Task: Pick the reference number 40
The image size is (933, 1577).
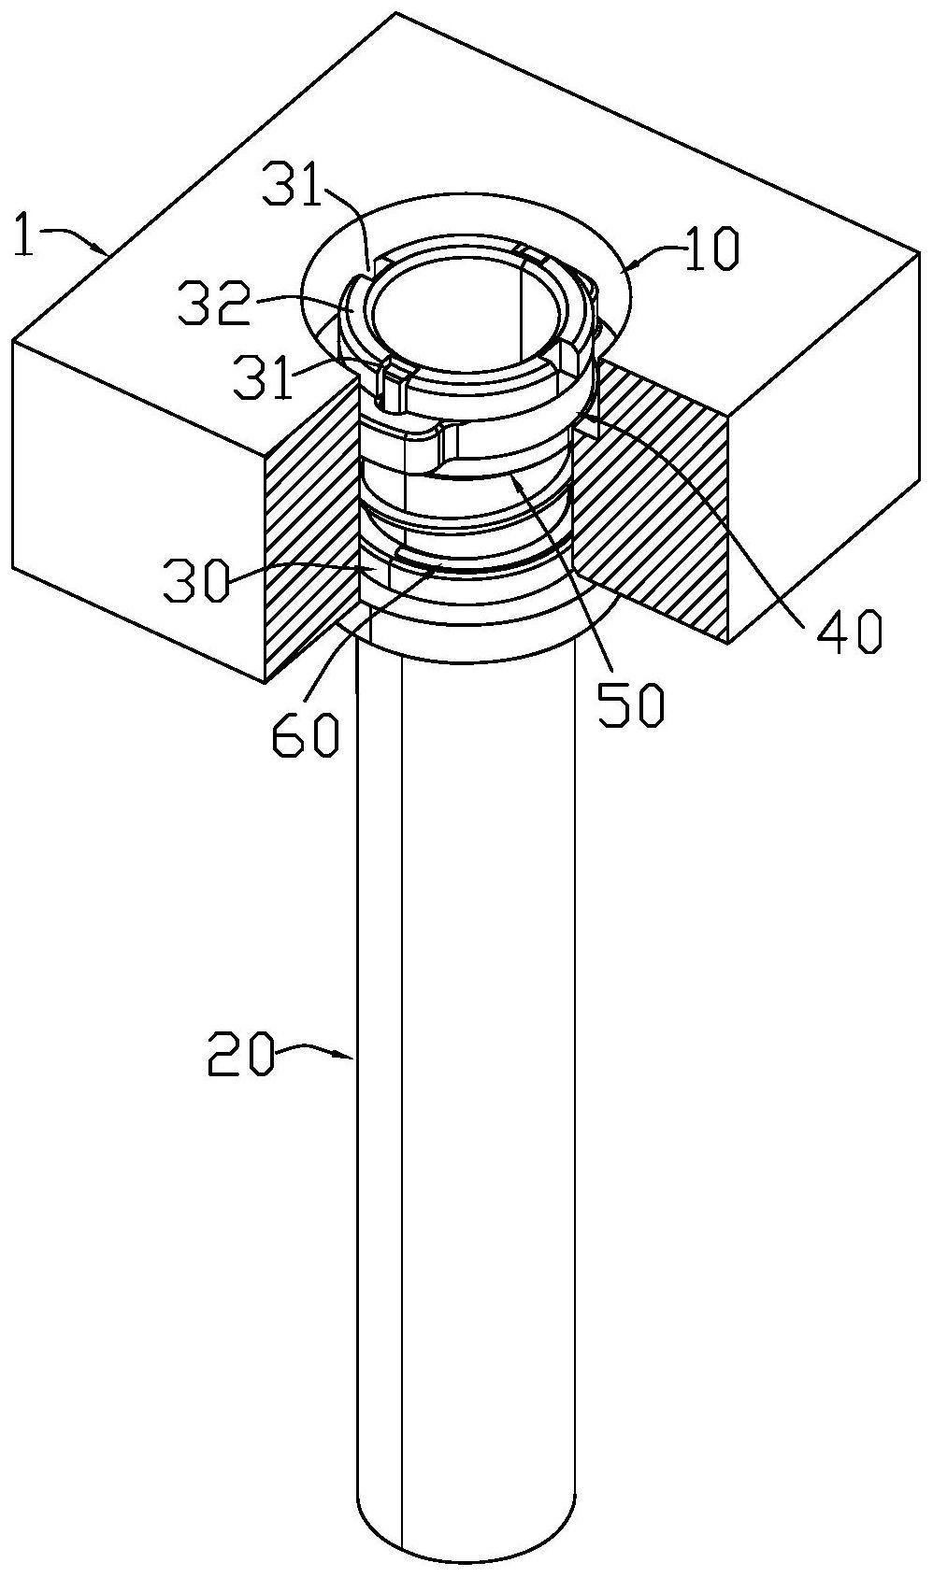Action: pos(849,632)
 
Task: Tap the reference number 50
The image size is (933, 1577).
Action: pos(631,707)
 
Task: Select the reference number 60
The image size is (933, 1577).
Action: pos(305,735)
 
